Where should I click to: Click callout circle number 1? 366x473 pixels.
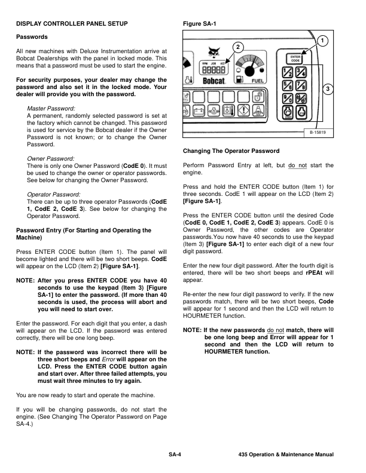click(322, 41)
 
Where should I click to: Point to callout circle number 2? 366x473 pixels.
click(237, 47)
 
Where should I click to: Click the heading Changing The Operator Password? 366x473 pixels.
click(230, 150)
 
